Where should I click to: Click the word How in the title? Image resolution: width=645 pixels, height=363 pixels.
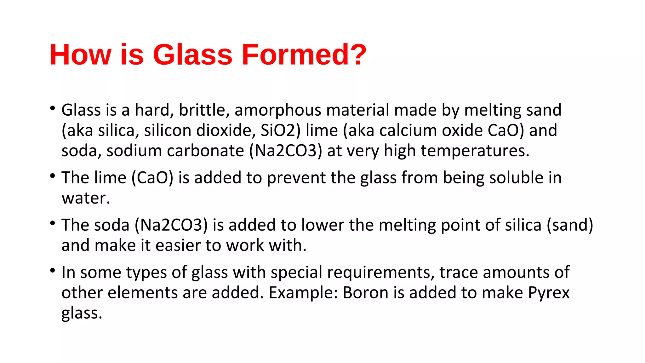coord(80,55)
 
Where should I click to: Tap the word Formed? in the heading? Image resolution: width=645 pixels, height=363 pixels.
coord(304,55)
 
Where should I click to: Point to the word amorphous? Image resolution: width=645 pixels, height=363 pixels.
coord(277,111)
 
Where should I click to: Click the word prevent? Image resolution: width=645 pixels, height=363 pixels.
coord(296,178)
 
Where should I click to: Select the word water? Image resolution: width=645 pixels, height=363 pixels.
coord(86,198)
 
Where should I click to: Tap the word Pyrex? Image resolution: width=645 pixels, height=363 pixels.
coord(549,293)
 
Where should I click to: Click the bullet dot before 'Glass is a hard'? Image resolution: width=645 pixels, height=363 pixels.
coord(53,109)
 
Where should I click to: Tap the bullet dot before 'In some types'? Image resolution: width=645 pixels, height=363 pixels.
coord(53,271)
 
